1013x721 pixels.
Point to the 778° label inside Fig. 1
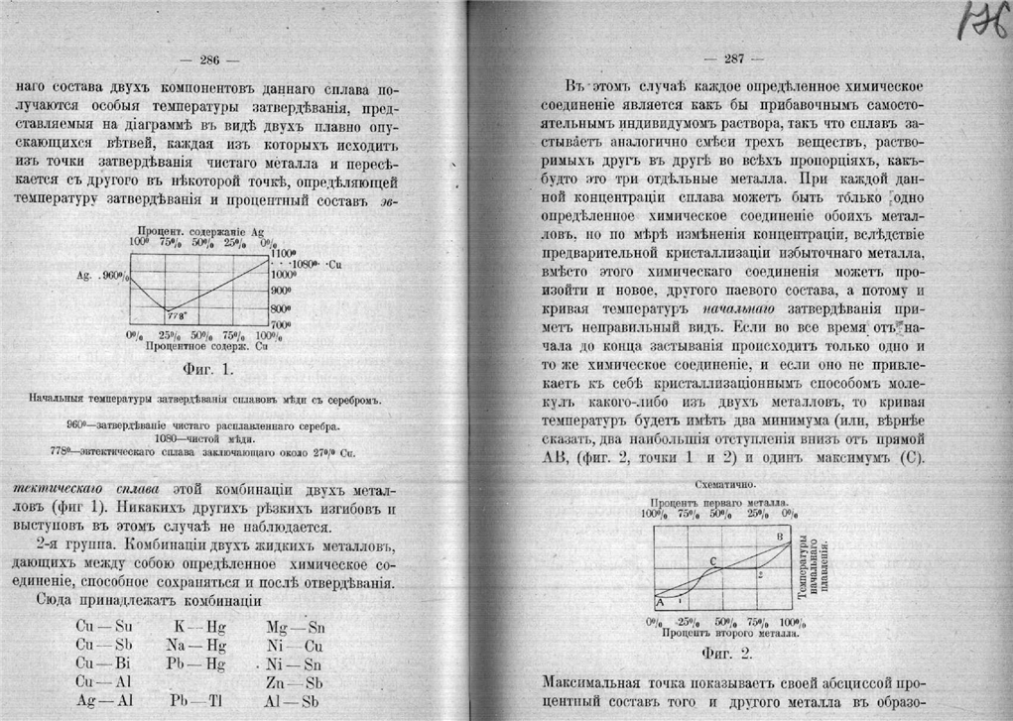[177, 316]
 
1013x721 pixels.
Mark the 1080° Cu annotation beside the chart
[317, 264]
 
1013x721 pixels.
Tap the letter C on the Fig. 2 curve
[713, 561]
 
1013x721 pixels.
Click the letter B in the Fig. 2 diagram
[780, 537]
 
